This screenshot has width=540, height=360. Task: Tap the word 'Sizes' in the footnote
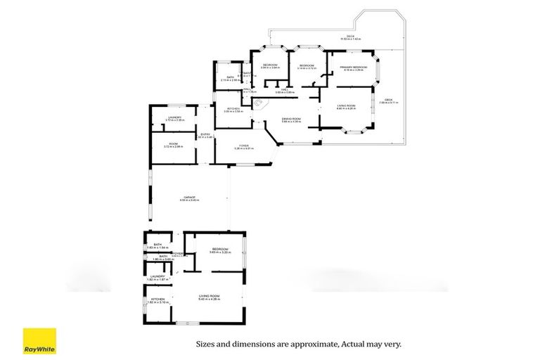tap(207, 345)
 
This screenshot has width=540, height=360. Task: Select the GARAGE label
tap(190, 198)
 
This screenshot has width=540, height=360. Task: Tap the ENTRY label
tap(205, 135)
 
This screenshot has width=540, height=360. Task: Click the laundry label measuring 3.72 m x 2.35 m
tap(174, 118)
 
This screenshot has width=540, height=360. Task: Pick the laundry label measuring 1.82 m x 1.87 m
tap(157, 278)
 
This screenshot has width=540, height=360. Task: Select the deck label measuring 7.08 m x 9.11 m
tap(389, 101)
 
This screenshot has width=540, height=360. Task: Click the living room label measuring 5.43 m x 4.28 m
tap(210, 298)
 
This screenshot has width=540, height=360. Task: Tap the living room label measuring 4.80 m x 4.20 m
tap(347, 106)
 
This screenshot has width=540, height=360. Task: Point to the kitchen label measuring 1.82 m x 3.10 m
tap(158, 300)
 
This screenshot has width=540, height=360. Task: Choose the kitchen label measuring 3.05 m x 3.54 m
tap(233, 110)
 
